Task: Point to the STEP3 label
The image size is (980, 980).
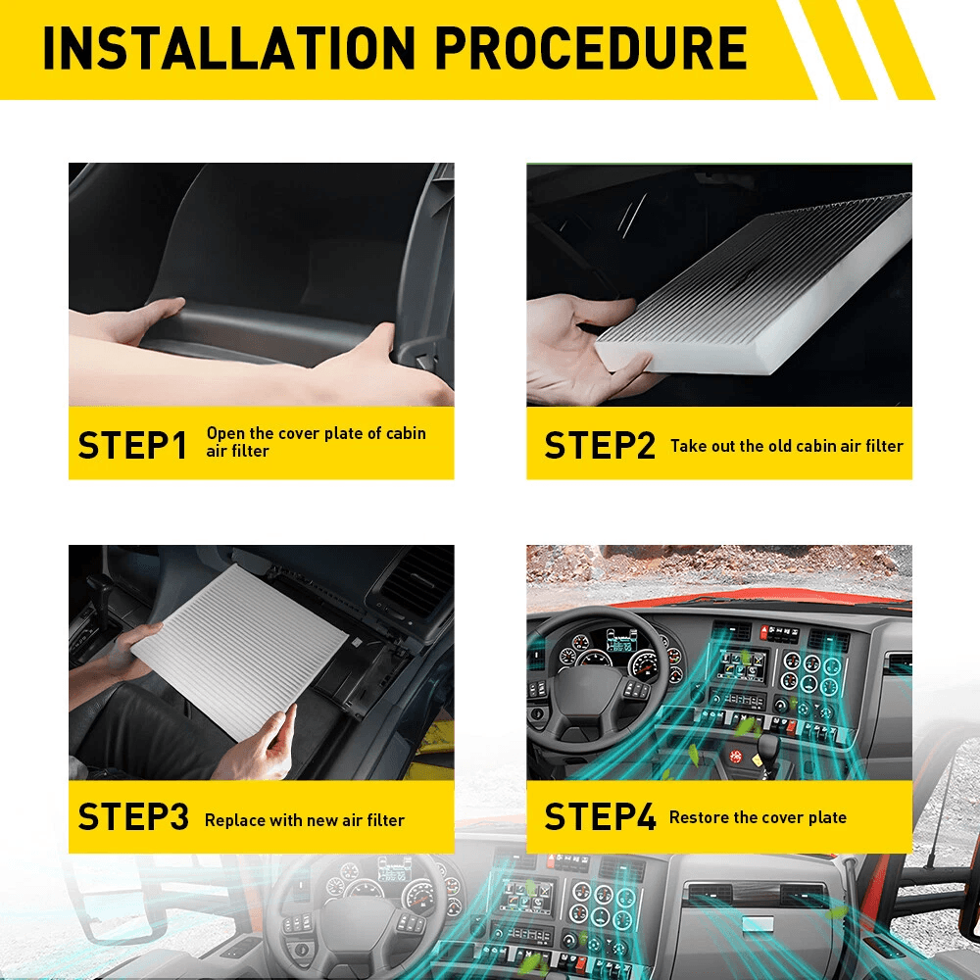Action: (132, 817)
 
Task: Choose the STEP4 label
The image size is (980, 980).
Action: (599, 816)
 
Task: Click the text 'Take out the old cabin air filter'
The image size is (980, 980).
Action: (786, 445)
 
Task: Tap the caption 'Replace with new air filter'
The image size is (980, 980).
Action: (304, 819)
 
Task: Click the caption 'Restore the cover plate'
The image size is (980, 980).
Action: (758, 816)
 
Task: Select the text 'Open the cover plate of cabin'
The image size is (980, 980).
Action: (316, 433)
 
